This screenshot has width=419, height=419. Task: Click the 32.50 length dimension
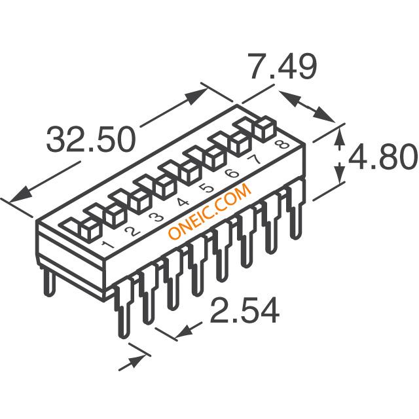tap(91, 139)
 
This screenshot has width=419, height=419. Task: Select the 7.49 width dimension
tap(282, 65)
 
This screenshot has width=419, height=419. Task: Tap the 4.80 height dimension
tap(383, 157)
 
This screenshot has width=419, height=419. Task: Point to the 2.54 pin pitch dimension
tap(245, 311)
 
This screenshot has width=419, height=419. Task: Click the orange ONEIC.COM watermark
tap(209, 211)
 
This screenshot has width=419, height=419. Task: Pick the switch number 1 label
tap(107, 244)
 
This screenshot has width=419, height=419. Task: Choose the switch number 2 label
tap(132, 232)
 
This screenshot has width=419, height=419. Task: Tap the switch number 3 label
tap(157, 217)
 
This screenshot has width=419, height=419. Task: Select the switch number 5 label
tap(207, 189)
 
